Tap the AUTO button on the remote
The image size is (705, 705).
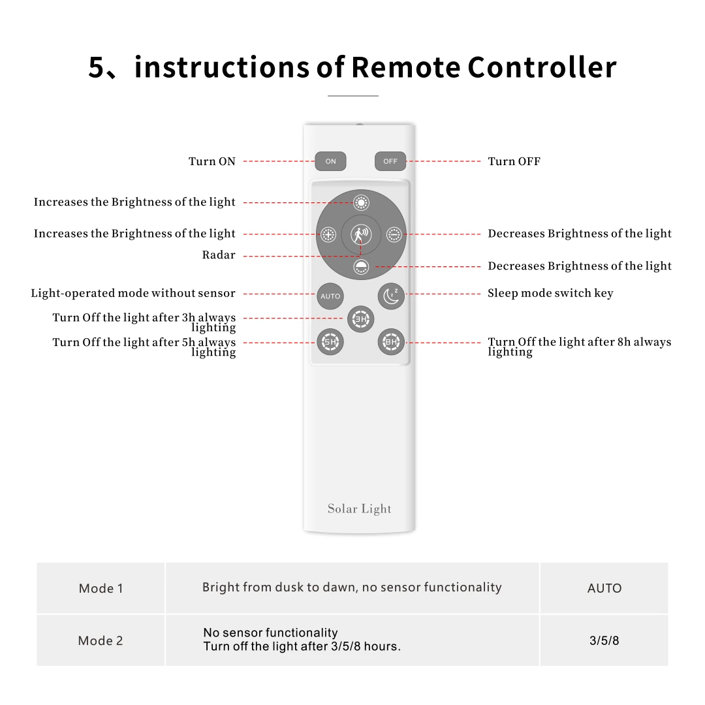(x=330, y=296)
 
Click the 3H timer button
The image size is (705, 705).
(x=360, y=319)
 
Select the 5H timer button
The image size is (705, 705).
(x=330, y=341)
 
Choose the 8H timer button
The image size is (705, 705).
(x=391, y=341)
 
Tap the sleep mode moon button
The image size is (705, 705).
(x=391, y=296)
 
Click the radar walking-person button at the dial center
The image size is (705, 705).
(x=360, y=233)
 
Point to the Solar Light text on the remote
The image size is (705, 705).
(x=360, y=509)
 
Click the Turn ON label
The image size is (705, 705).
(x=212, y=161)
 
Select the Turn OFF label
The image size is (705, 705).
(x=514, y=161)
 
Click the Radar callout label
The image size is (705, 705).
(x=219, y=255)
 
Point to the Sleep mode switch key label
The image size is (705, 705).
(x=550, y=293)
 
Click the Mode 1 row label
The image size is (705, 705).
(x=101, y=588)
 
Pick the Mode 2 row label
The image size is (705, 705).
(x=101, y=640)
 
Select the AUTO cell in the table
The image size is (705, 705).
(x=604, y=588)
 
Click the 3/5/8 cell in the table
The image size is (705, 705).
(x=604, y=640)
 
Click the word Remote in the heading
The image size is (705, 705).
(x=407, y=68)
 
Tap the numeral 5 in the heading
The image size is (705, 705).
(x=97, y=68)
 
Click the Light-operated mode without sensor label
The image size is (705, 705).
(x=133, y=293)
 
